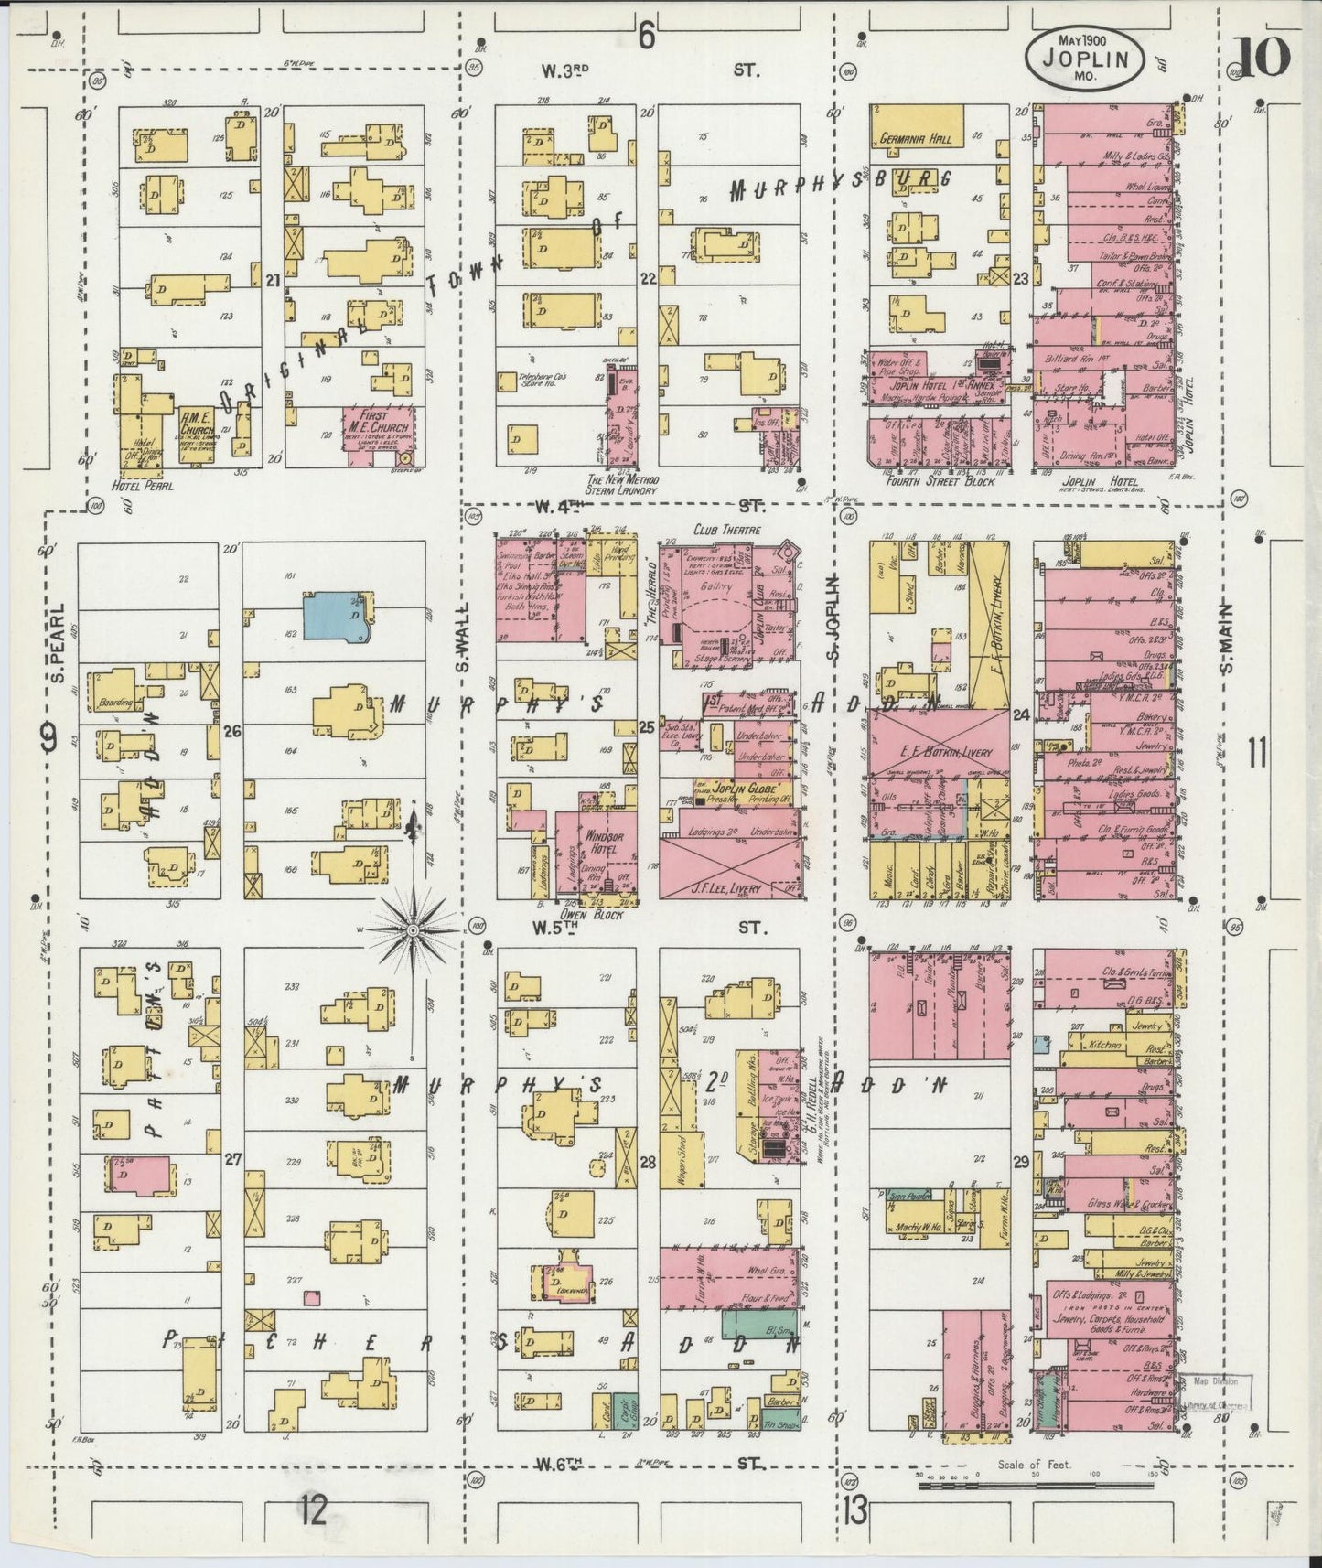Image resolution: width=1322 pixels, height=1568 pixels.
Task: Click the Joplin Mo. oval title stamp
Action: [1087, 58]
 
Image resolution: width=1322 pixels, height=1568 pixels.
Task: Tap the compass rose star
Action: [414, 929]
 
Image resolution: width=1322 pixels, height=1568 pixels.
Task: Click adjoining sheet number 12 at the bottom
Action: [312, 1510]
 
